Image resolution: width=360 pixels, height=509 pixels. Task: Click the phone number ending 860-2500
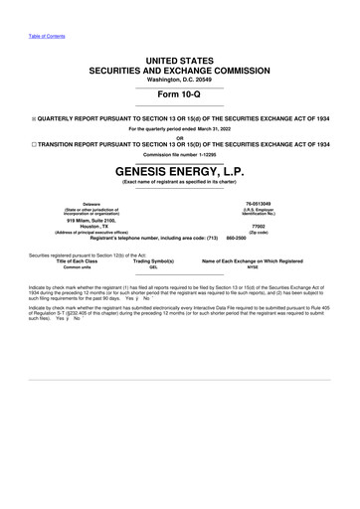(x=237, y=240)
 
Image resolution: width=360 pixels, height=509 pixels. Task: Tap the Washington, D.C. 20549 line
(x=180, y=81)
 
